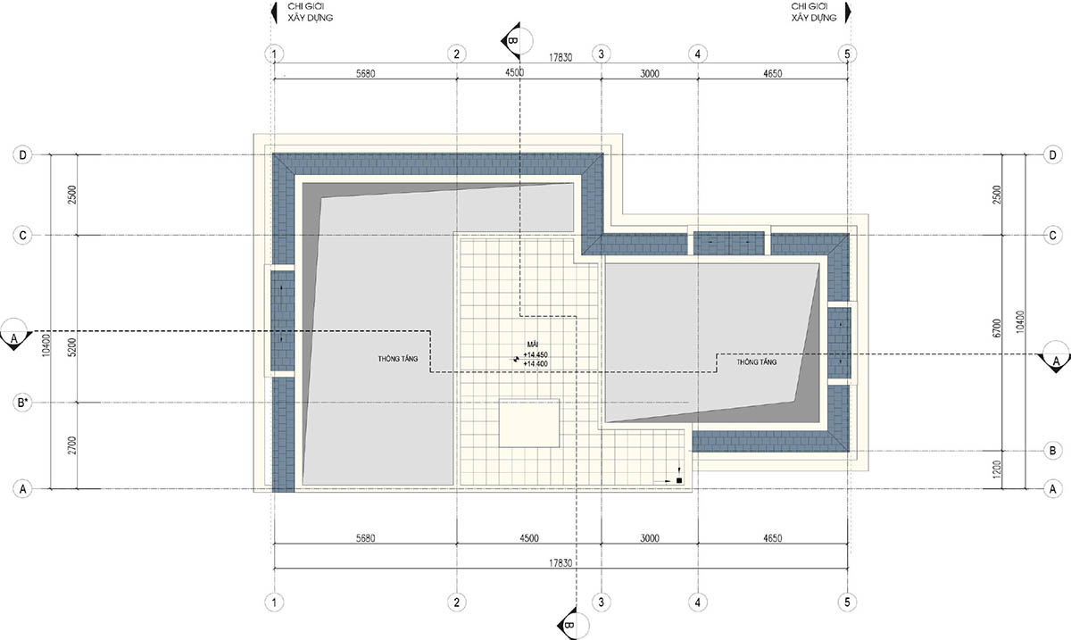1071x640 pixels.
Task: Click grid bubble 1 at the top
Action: [x=274, y=54]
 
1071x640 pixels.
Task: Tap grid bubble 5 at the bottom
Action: [x=847, y=603]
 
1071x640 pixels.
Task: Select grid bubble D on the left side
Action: [x=22, y=155]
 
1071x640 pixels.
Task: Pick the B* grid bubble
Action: [x=22, y=403]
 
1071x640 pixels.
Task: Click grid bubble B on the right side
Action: [x=1052, y=451]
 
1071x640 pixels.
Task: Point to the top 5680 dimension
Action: [x=365, y=74]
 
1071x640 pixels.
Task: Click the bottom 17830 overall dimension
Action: [x=560, y=563]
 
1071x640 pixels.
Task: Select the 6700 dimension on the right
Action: [x=997, y=328]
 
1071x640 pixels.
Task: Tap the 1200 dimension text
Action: [x=997, y=470]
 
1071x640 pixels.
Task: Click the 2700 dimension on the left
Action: [x=72, y=445]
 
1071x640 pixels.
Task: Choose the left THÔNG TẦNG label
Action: [x=398, y=359]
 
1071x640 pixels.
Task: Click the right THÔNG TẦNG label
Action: [x=757, y=362]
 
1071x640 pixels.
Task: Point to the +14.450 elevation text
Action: [x=535, y=355]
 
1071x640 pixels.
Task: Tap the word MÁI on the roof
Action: [x=532, y=345]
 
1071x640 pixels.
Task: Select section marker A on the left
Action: [x=14, y=335]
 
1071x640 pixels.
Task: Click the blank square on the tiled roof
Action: [x=528, y=423]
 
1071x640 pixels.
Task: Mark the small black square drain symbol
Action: [x=679, y=481]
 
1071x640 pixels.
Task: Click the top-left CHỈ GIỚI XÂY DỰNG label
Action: [x=311, y=12]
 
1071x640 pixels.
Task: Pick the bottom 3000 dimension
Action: [x=650, y=538]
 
